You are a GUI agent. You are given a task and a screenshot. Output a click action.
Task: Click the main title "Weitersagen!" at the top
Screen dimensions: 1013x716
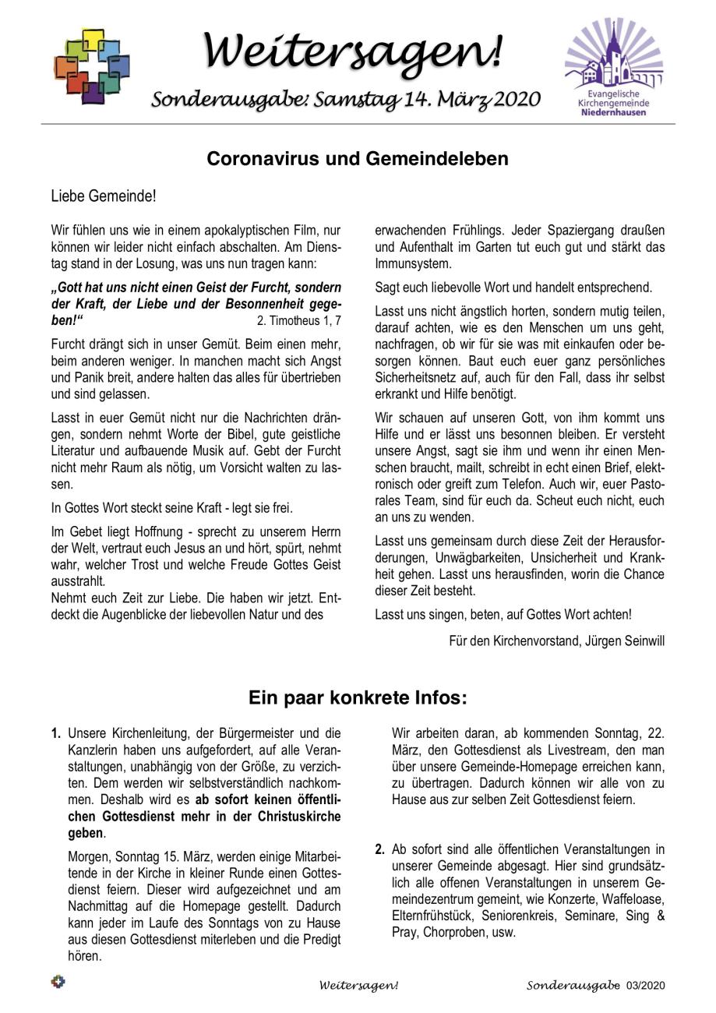pyautogui.click(x=353, y=51)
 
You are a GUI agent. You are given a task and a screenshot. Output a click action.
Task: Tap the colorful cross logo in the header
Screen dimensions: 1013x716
pyautogui.click(x=92, y=66)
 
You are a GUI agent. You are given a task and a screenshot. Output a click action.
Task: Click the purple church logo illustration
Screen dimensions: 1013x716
pyautogui.click(x=615, y=58)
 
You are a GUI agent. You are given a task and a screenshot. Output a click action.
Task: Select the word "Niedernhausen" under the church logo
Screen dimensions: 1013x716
pyautogui.click(x=614, y=112)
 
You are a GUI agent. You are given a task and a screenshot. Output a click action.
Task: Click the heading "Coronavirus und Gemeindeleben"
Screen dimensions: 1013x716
pyautogui.click(x=358, y=159)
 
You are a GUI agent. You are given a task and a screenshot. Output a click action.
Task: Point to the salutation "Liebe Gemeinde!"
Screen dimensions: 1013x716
pyautogui.click(x=104, y=196)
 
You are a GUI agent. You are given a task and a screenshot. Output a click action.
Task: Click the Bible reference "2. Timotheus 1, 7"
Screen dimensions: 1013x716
pyautogui.click(x=299, y=320)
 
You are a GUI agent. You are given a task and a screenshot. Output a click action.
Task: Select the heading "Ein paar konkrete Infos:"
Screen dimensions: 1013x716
pyautogui.click(x=358, y=697)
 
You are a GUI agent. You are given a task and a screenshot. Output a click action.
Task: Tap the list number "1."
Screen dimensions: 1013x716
pyautogui.click(x=56, y=733)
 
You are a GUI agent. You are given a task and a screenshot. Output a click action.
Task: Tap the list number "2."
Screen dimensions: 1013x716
pyautogui.click(x=380, y=849)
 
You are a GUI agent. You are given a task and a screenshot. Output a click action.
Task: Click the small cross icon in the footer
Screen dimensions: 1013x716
pyautogui.click(x=58, y=982)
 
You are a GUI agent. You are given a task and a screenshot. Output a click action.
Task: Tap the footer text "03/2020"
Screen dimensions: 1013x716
pyautogui.click(x=646, y=986)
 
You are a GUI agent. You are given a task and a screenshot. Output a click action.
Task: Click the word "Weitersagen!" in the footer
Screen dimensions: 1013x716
pyautogui.click(x=358, y=986)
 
